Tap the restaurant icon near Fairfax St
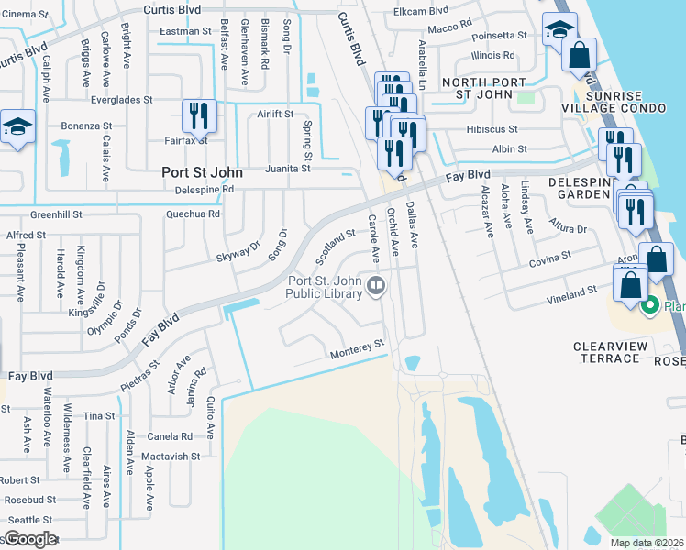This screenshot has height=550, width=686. click(x=199, y=116)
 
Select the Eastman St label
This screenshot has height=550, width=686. click(x=186, y=31)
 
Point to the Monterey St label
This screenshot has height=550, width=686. click(x=356, y=347)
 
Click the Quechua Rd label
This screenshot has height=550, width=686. click(x=194, y=214)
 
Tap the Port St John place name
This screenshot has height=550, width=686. click(x=202, y=171)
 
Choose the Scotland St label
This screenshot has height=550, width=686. click(x=336, y=242)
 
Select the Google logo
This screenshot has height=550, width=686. click(x=30, y=539)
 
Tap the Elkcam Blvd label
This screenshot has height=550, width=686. click(x=420, y=10)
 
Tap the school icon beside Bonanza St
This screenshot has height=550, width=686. click(x=17, y=128)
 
